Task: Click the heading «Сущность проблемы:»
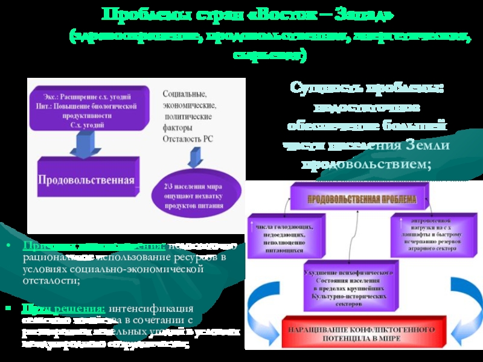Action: click(x=366, y=88)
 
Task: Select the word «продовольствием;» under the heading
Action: click(x=366, y=164)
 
